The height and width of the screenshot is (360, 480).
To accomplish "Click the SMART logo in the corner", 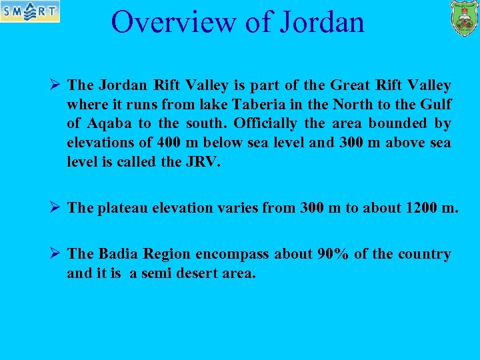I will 29,11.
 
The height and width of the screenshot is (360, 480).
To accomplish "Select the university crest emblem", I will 463,18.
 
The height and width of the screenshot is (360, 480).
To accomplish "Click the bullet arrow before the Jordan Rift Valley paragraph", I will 56,85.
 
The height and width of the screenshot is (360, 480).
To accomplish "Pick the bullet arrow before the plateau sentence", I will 56,207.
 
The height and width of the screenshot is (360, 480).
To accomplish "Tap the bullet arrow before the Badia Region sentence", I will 56,254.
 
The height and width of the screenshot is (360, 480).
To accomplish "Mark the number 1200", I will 421,207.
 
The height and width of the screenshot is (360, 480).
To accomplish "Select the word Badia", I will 119,254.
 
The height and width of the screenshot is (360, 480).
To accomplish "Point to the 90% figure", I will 334,254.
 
